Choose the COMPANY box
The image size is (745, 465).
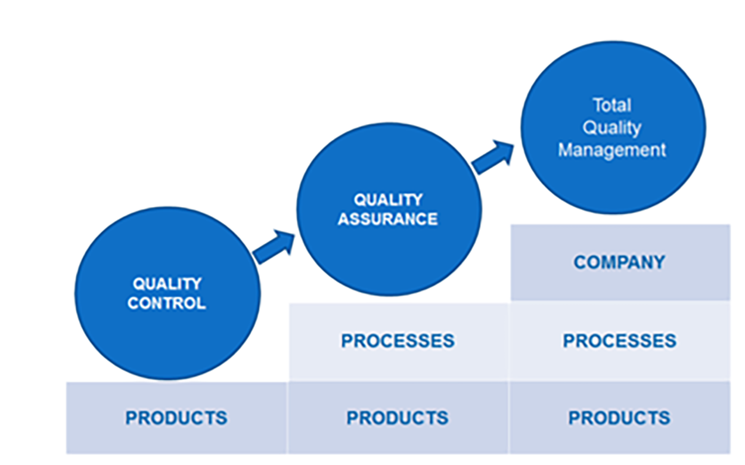point(620,262)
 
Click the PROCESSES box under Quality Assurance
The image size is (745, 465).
point(398,341)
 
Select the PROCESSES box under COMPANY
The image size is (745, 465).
point(620,341)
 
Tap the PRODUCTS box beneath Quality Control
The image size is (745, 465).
point(176,418)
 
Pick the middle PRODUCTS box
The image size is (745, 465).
point(398,418)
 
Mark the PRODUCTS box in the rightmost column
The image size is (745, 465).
point(620,418)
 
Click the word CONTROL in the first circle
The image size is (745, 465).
point(167,303)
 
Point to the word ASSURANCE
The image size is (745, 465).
point(388,219)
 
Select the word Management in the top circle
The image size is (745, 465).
point(612,150)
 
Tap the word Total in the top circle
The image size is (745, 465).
point(612,106)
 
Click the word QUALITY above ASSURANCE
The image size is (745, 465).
point(388,199)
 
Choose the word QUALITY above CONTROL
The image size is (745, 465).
point(167,284)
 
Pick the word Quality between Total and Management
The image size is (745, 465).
point(612,128)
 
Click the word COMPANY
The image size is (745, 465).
point(620,262)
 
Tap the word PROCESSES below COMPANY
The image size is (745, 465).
point(620,341)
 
